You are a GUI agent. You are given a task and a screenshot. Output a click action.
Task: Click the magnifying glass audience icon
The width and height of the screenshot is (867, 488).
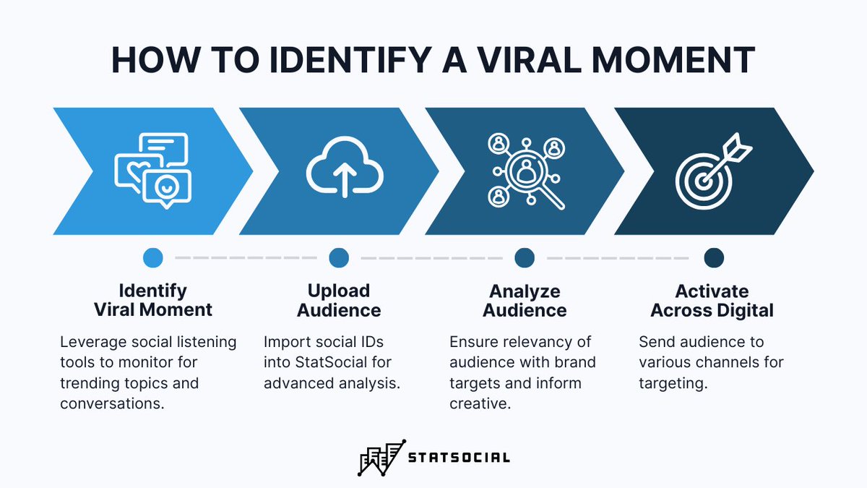(526, 171)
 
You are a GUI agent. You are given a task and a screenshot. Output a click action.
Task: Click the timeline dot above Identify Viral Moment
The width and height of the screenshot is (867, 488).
(153, 257)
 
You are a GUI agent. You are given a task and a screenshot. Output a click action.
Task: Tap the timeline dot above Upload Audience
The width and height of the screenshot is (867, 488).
(339, 257)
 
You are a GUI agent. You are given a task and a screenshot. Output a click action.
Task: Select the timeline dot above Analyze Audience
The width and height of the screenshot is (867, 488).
(525, 257)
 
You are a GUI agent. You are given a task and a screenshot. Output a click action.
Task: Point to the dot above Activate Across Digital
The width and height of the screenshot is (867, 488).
(714, 257)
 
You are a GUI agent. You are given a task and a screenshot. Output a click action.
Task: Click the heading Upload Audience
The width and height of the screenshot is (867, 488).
(339, 301)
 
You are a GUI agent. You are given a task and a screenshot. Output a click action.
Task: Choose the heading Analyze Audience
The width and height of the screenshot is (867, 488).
(525, 301)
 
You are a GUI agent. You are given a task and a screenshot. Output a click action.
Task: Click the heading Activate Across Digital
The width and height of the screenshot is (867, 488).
(712, 301)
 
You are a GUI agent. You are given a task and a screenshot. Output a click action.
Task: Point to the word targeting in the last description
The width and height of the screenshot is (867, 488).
(672, 383)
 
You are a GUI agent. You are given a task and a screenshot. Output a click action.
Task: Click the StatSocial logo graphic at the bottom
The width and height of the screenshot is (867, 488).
(381, 457)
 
